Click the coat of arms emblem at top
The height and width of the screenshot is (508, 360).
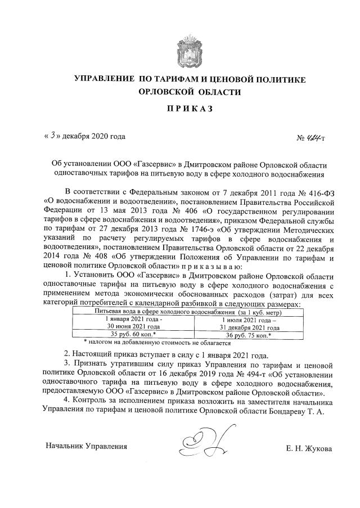(191, 50)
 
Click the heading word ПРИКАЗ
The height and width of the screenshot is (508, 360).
(191, 109)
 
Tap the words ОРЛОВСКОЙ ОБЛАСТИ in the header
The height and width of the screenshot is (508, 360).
(191, 92)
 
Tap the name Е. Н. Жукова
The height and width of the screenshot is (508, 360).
(309, 448)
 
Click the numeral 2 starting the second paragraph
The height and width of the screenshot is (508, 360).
(67, 354)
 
